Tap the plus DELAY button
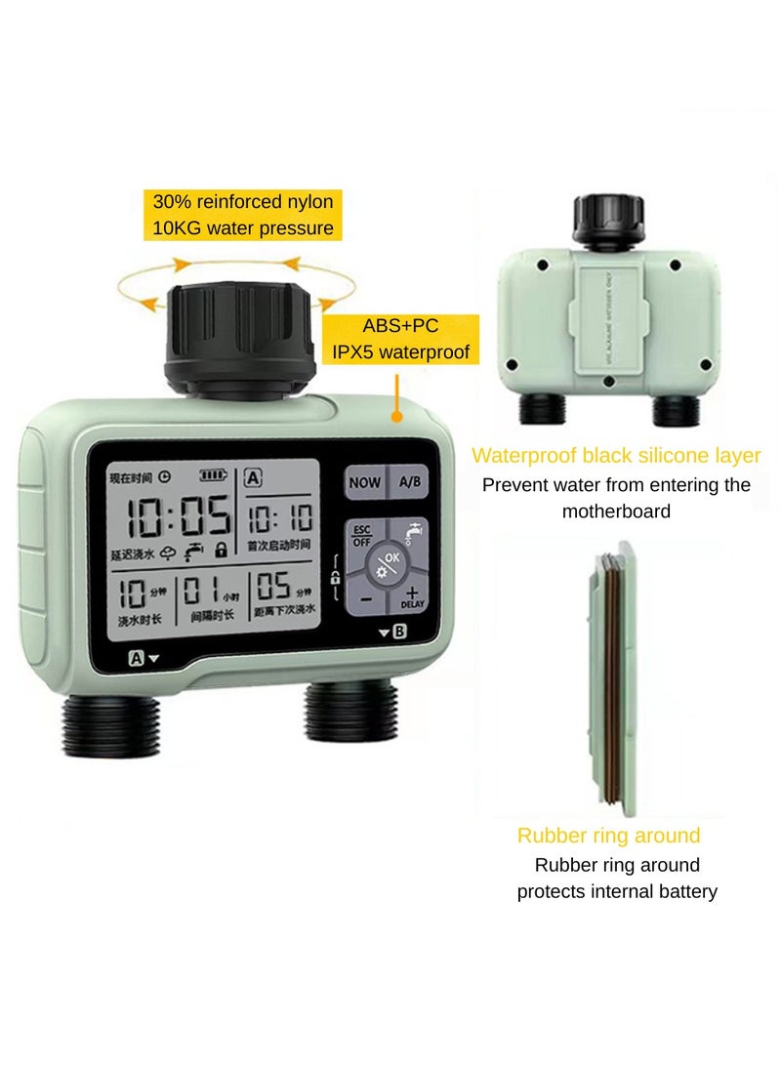(x=411, y=597)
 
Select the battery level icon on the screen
(x=211, y=476)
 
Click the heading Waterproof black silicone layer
(x=616, y=455)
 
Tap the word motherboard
(x=615, y=511)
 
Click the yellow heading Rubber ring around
(x=608, y=835)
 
